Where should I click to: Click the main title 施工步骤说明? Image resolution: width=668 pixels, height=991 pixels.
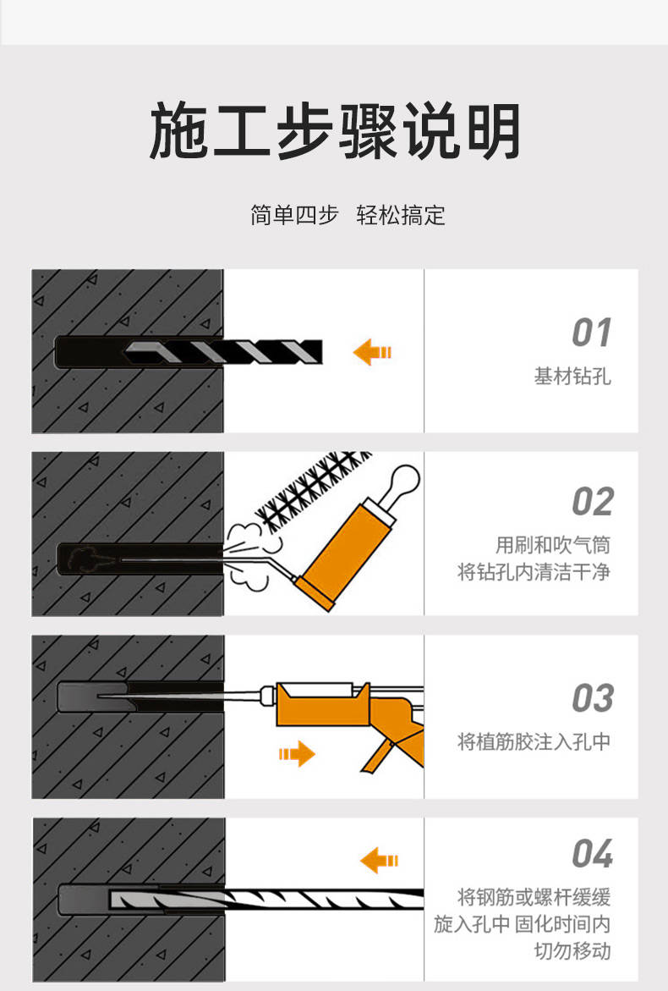[x=334, y=132]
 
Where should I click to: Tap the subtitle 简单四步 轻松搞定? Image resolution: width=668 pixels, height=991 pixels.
[x=348, y=215]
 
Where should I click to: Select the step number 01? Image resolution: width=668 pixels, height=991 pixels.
[x=591, y=333]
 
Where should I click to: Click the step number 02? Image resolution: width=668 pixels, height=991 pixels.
[x=591, y=502]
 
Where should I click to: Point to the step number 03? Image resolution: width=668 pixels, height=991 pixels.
[x=591, y=699]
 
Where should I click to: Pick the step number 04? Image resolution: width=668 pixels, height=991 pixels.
[x=591, y=854]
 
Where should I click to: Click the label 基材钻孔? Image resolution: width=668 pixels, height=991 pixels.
[x=572, y=377]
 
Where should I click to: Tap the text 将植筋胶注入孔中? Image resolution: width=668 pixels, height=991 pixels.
[x=534, y=742]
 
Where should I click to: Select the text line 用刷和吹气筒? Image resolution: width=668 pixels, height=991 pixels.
[x=552, y=544]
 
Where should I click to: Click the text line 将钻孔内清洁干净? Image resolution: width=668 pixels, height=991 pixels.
[x=534, y=573]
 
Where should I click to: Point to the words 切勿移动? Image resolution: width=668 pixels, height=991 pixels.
[x=572, y=950]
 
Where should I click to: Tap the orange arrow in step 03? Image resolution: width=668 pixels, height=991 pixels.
[x=296, y=752]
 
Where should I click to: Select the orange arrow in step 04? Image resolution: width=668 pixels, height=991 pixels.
[x=379, y=861]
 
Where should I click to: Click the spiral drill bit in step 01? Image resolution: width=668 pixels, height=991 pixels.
[x=228, y=351]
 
